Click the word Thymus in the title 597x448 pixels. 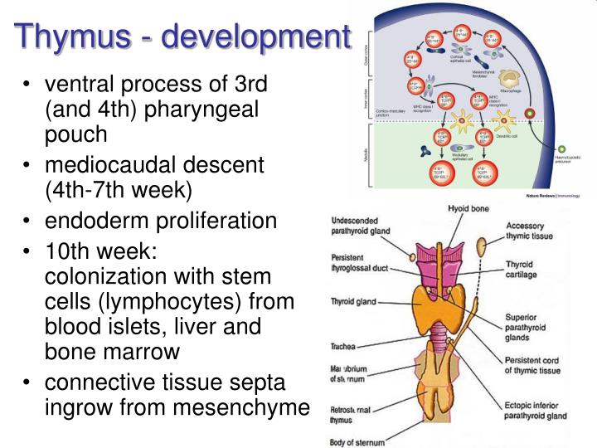pos(70,37)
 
